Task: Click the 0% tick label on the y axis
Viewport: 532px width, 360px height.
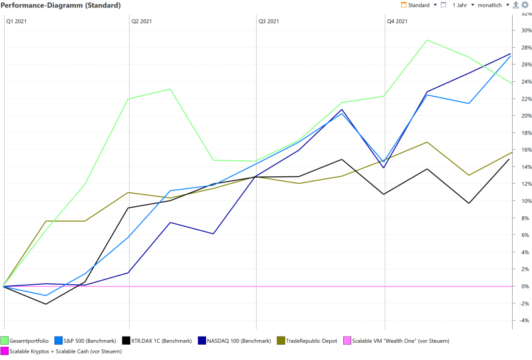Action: pyautogui.click(x=525, y=286)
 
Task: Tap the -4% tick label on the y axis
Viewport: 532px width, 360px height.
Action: pyautogui.click(x=524, y=320)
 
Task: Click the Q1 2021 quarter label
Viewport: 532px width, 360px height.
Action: pyautogui.click(x=16, y=21)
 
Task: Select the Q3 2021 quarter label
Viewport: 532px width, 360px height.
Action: pyautogui.click(x=269, y=21)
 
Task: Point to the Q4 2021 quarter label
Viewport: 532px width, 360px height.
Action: pyautogui.click(x=397, y=21)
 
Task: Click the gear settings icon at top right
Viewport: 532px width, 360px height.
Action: pyautogui.click(x=525, y=5)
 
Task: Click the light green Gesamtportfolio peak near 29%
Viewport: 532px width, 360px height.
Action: pyautogui.click(x=426, y=40)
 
